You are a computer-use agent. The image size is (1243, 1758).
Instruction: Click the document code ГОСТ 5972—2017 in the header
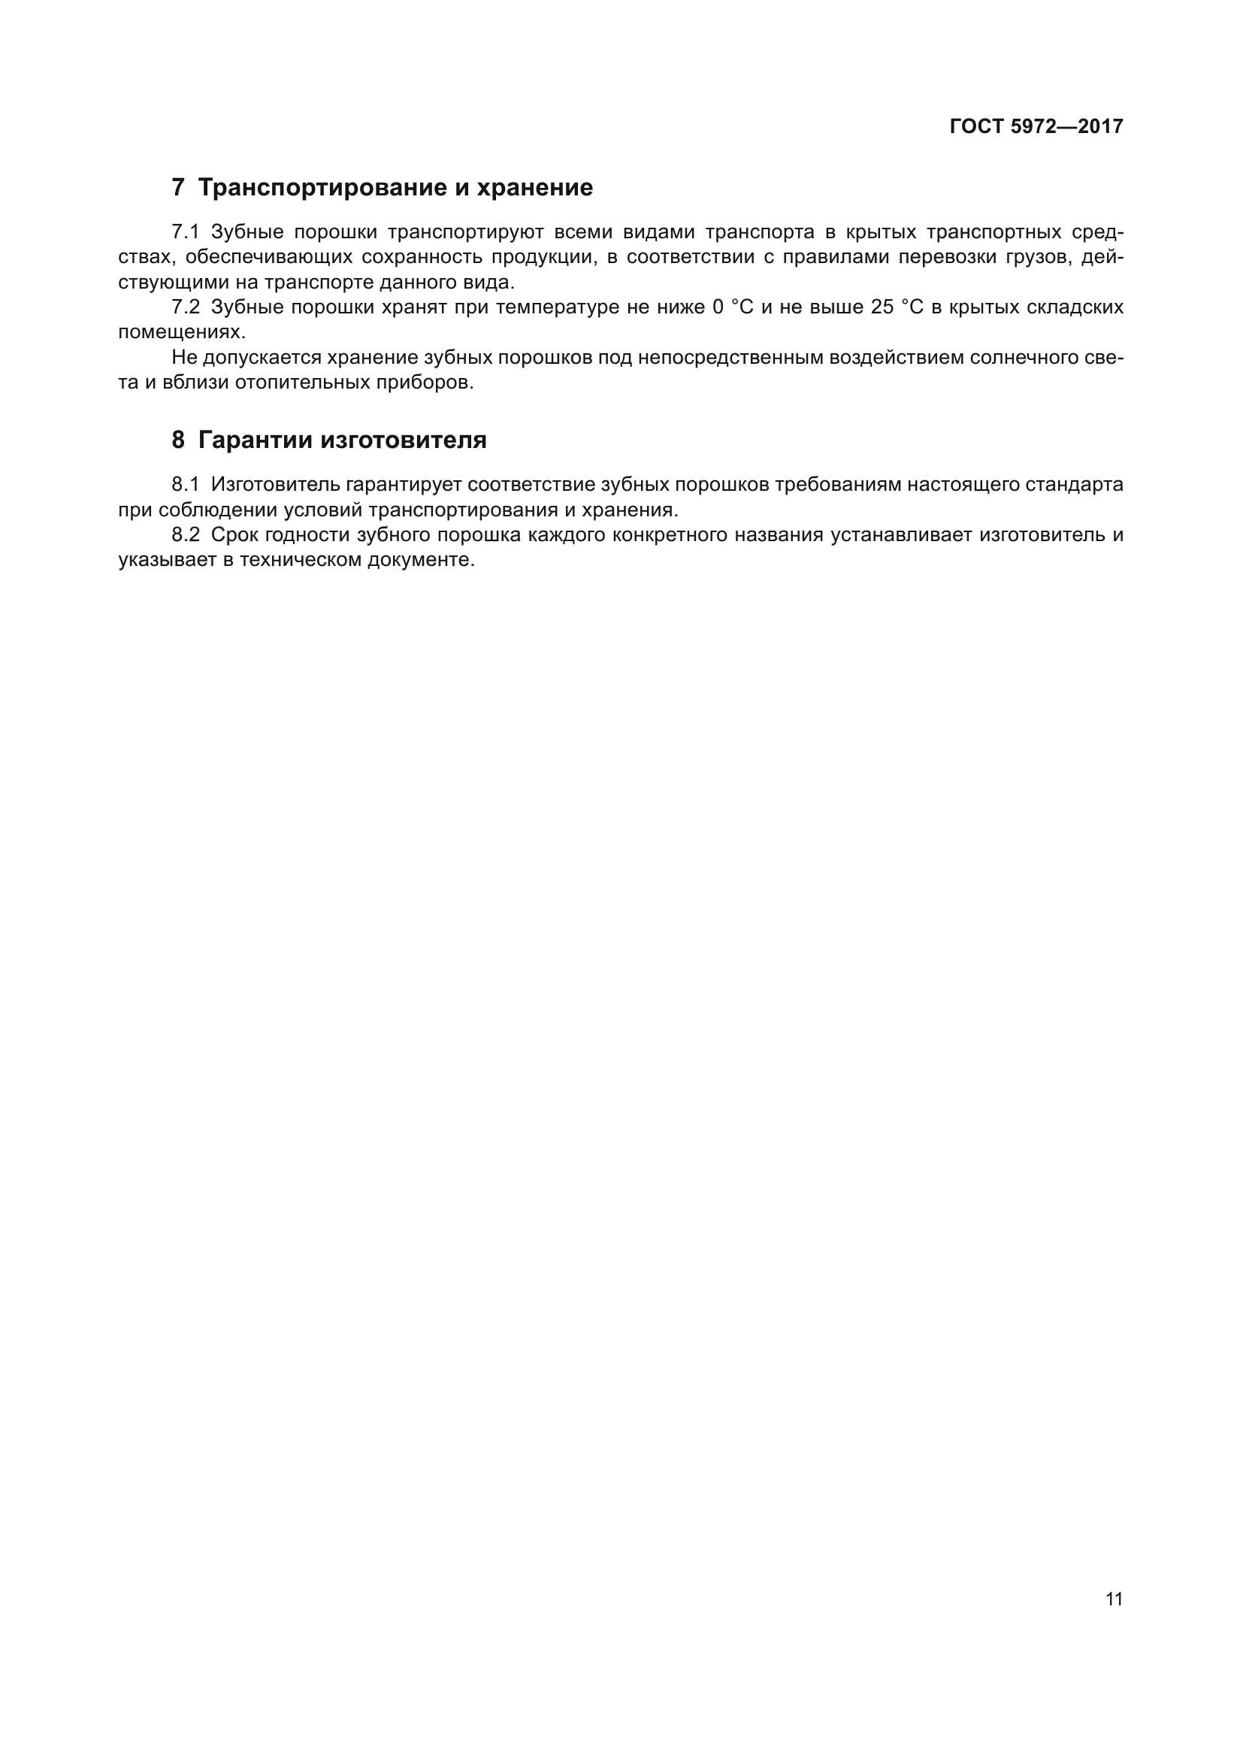(1036, 126)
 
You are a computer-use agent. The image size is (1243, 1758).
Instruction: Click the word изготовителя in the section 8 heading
(404, 440)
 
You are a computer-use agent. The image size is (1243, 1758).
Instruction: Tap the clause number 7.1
(185, 232)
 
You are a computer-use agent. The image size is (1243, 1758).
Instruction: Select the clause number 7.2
(185, 307)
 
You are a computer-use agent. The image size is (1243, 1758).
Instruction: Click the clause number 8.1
(185, 485)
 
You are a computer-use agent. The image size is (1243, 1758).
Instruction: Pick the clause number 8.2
(185, 534)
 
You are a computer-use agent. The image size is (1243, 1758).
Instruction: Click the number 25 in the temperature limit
(882, 307)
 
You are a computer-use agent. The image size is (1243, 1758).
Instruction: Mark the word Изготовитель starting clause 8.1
(276, 485)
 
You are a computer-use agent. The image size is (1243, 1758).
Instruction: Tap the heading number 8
(177, 440)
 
